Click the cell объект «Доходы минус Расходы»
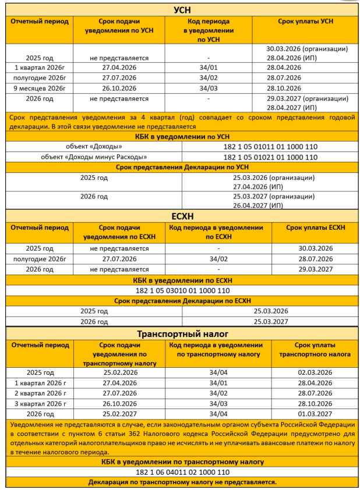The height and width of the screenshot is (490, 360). (94, 157)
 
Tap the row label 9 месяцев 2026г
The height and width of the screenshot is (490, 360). (41, 88)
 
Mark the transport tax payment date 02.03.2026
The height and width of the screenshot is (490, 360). (315, 372)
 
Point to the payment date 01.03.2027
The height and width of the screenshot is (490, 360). (315, 414)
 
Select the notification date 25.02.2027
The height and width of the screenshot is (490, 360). (119, 414)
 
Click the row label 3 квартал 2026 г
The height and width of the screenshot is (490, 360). (41, 403)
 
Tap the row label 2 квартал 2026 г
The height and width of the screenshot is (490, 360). (41, 393)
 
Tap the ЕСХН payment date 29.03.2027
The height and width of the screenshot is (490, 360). (315, 269)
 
